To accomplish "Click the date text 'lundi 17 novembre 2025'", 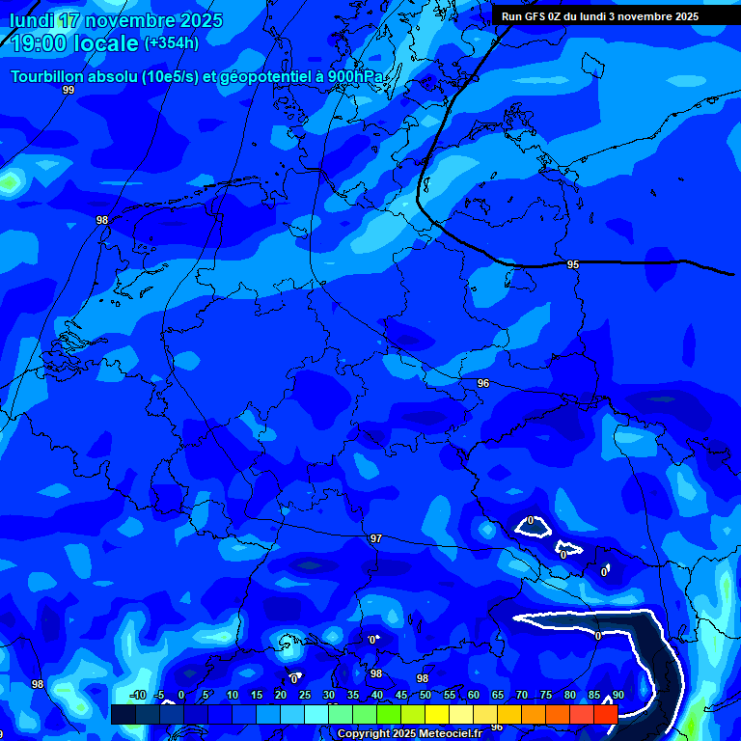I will pos(116,20).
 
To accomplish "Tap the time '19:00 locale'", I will pos(74,42).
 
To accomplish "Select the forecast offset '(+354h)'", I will pos(172,42).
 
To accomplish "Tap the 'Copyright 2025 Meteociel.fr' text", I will pos(409,734).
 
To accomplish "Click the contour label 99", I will pos(68,90).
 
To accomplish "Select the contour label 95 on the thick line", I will pos(573,264).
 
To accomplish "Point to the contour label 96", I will pos(483,383).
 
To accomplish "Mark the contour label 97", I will pos(376,538).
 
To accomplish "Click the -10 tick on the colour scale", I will pos(137,696).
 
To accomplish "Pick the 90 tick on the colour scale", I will pos(617,696).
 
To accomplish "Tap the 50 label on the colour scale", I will pos(425,696).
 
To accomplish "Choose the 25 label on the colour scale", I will pos(304,696).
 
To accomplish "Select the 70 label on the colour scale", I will pos(521,696).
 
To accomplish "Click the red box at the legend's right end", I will pos(606,714).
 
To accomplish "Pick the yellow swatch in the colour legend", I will pos(437,714).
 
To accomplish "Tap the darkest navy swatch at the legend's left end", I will pos(123,714).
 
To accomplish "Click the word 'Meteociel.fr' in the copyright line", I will pos(450,734).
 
